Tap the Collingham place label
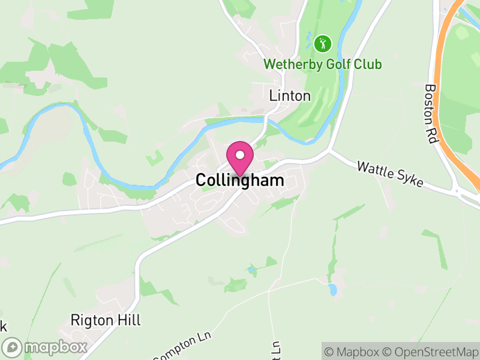coord(240,181)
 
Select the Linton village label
coord(290,95)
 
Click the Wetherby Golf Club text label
coord(323,64)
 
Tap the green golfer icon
coord(323,43)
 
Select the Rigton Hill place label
coord(106,320)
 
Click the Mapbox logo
coord(46,347)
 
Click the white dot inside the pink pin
coord(240,155)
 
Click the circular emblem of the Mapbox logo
coord(12,347)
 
